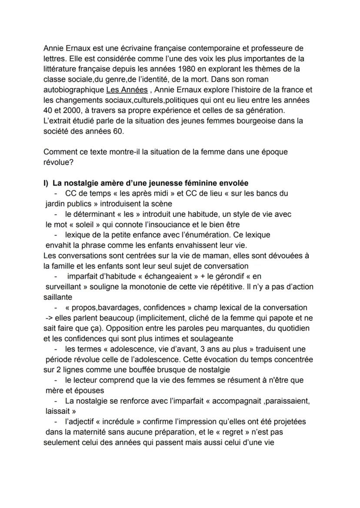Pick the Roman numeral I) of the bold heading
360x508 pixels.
(x=46, y=183)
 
